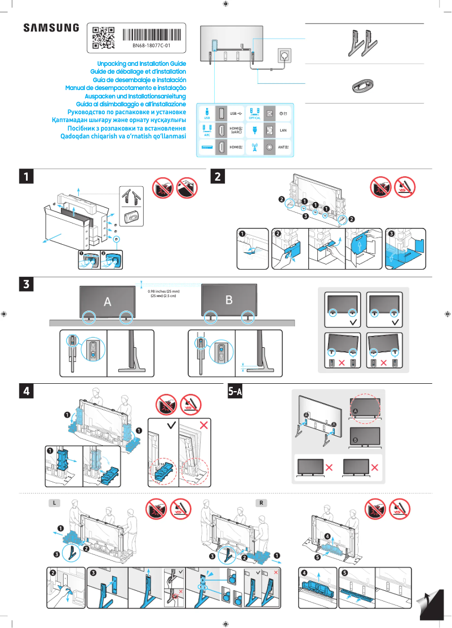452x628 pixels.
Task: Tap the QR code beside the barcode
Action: point(103,37)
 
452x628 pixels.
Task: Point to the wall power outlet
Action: point(283,55)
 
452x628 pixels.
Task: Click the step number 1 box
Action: point(26,176)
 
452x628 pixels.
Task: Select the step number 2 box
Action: point(218,176)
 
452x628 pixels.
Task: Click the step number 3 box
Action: point(26,284)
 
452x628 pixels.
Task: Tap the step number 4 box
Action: point(26,390)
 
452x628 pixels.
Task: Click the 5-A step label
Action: point(235,391)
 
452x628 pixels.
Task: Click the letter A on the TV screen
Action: point(107,302)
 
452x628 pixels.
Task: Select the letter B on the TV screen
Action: point(229,300)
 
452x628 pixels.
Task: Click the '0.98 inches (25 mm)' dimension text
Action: point(163,291)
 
